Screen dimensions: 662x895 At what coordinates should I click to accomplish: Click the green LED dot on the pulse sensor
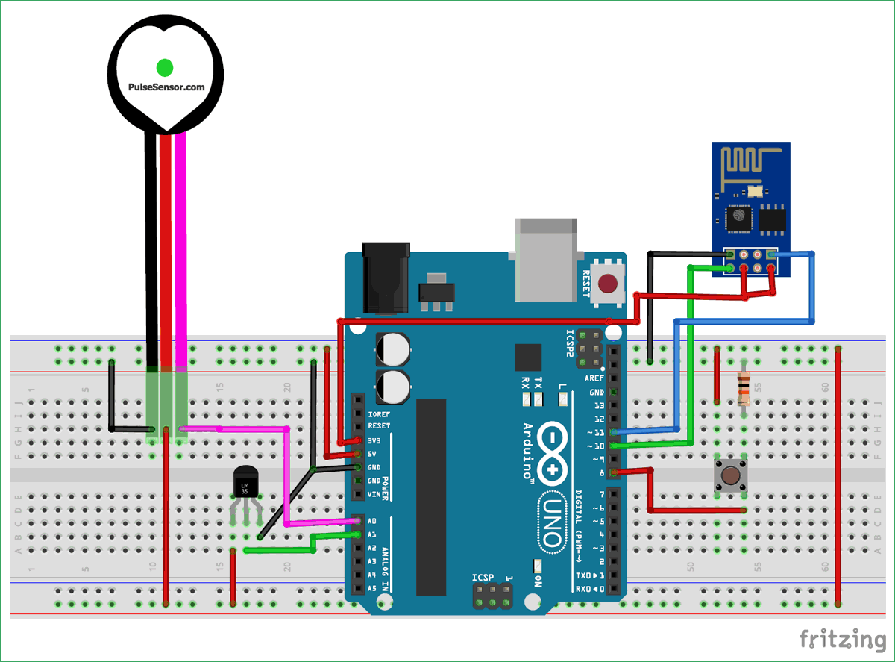click(x=165, y=67)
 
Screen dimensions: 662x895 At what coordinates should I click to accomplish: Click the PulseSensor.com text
click(x=165, y=87)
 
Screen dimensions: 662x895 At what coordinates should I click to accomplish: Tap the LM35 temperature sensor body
click(x=245, y=484)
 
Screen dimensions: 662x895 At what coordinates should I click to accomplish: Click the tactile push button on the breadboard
click(x=731, y=475)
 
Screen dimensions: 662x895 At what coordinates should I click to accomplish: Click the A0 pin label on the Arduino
click(x=372, y=522)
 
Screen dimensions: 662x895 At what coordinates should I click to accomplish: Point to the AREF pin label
click(x=595, y=378)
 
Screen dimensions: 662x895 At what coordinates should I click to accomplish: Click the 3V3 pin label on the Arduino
click(x=375, y=440)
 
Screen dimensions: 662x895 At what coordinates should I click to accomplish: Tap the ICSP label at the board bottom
click(x=484, y=578)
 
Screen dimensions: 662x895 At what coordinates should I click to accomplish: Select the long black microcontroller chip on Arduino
click(x=431, y=496)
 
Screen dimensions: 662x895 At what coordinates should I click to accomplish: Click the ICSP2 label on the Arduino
click(x=571, y=347)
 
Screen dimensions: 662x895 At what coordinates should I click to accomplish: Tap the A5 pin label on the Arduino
click(x=372, y=588)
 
